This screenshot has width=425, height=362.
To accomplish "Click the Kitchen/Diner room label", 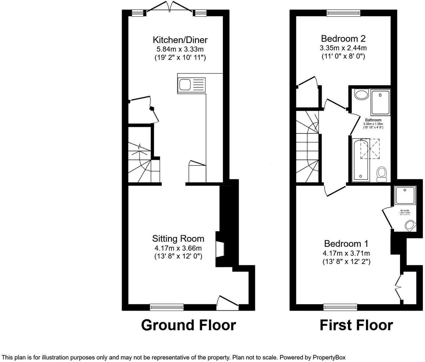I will pyautogui.click(x=180, y=40).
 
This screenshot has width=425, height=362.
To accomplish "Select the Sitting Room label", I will pyautogui.click(x=178, y=239).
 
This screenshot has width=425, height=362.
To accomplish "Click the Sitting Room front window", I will pyautogui.click(x=167, y=307).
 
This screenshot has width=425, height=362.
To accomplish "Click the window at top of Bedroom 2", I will pyautogui.click(x=343, y=13).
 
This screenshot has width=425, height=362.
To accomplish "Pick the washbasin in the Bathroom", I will pyautogui.click(x=361, y=94).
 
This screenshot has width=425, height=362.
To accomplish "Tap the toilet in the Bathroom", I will pyautogui.click(x=381, y=173).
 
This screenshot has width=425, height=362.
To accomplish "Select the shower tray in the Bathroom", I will pyautogui.click(x=380, y=102).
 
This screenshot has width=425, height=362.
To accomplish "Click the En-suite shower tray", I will pyautogui.click(x=405, y=196).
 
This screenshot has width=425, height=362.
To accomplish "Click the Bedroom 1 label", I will pyautogui.click(x=346, y=243).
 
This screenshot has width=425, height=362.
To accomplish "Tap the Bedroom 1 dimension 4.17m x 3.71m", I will pyautogui.click(x=346, y=253).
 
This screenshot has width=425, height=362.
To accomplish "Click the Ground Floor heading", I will pyautogui.click(x=188, y=325).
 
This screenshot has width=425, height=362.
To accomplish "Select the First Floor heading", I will pyautogui.click(x=356, y=325).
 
